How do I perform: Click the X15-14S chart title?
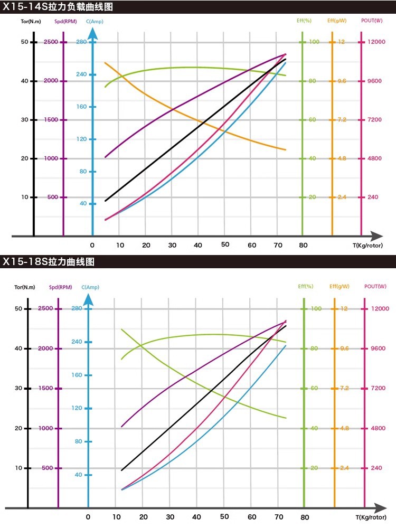click(58, 7)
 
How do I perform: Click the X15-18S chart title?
click(49, 262)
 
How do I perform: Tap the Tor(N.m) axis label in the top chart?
click(31, 22)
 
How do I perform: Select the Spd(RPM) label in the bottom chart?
click(61, 287)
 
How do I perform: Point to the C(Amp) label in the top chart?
click(95, 22)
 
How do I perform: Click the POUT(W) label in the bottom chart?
click(375, 286)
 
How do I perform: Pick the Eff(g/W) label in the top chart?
click(337, 21)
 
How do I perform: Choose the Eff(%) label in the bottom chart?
click(305, 286)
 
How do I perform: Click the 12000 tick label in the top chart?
click(376, 42)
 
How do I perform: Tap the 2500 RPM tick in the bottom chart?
click(45, 308)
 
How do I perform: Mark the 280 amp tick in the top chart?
click(81, 42)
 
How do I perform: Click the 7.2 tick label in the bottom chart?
click(344, 388)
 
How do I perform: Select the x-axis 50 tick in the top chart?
click(225, 244)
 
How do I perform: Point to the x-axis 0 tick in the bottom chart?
click(88, 517)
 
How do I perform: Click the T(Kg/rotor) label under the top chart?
click(367, 246)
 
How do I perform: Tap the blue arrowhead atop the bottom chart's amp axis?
click(88, 299)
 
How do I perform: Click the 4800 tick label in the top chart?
click(374, 158)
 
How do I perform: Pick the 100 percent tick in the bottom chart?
click(316, 308)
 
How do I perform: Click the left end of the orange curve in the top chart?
click(105, 63)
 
